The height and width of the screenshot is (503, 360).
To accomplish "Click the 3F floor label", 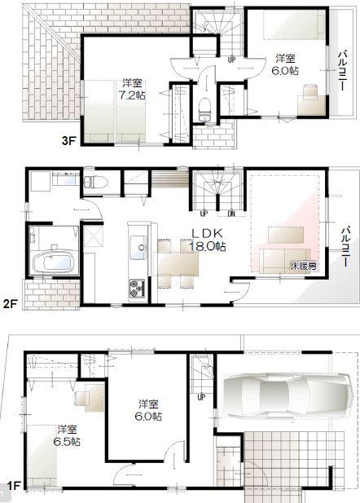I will (68, 139).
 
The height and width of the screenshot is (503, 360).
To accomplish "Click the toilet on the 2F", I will (94, 178).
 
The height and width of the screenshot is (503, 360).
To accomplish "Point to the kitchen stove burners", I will (135, 286).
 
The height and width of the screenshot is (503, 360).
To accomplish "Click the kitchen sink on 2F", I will (137, 245).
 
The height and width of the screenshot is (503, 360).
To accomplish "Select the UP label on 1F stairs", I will (201, 397).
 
